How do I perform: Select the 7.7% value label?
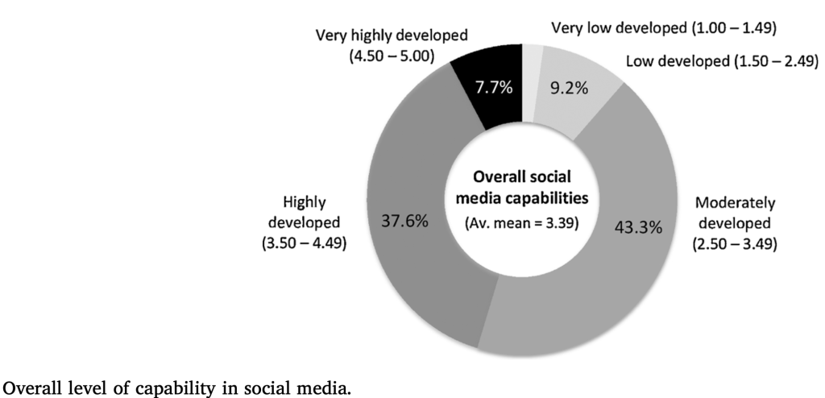(492, 88)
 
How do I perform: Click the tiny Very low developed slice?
(533, 60)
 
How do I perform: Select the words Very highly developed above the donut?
(392, 35)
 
